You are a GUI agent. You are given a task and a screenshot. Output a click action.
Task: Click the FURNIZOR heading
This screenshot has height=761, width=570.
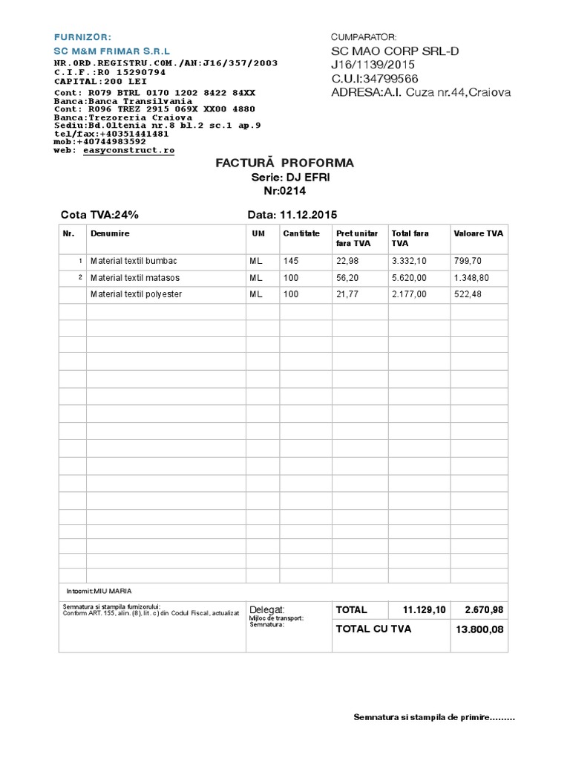point(82,36)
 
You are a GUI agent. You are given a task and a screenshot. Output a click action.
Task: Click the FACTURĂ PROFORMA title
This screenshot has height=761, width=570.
point(284,163)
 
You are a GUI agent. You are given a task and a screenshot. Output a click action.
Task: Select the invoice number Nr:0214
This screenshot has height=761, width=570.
point(284,191)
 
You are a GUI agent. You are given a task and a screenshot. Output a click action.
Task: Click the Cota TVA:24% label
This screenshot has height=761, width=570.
point(99,216)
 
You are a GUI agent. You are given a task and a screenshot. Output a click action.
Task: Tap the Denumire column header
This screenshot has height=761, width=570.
point(110,233)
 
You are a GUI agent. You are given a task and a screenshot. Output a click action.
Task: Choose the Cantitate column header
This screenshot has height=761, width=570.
point(301,233)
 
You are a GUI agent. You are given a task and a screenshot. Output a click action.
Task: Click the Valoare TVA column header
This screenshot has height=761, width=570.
point(478,233)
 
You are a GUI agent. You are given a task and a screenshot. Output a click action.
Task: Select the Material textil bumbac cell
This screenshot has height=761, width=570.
point(134,261)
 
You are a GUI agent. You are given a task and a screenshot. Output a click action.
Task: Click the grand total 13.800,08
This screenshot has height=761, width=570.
point(481,629)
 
